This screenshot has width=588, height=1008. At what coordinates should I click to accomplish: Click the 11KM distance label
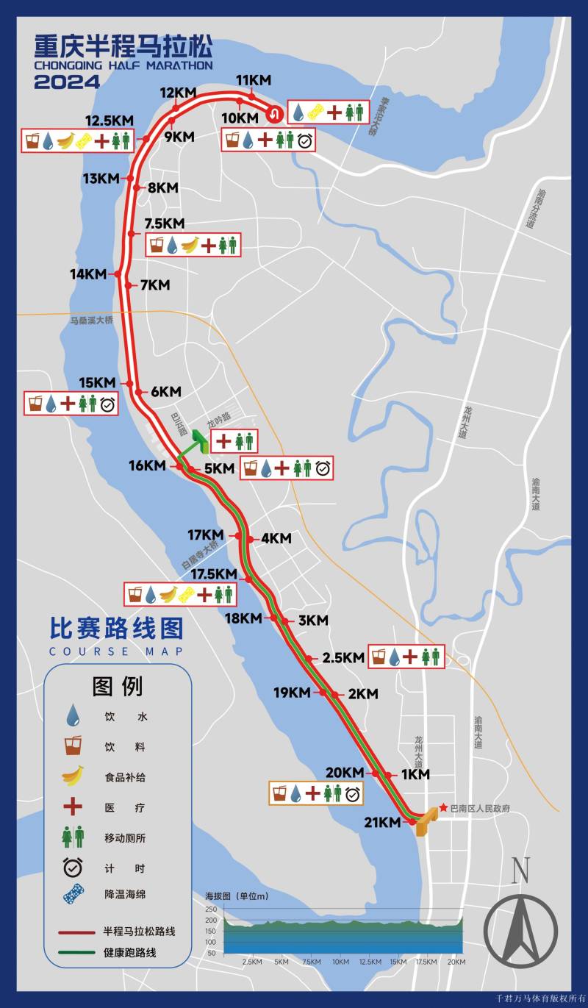click(x=254, y=80)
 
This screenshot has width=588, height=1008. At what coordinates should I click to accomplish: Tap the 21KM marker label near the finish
click(x=382, y=822)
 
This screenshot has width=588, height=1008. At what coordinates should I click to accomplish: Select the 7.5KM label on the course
click(x=165, y=224)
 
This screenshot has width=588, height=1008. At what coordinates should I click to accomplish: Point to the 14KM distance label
click(x=88, y=274)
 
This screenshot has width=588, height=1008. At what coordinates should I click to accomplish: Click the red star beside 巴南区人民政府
click(x=443, y=808)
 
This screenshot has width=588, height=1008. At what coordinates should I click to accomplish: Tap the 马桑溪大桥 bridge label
click(x=92, y=321)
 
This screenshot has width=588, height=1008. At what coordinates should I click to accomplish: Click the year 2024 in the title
click(x=67, y=82)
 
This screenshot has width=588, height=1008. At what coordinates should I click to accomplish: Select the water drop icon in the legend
click(x=73, y=715)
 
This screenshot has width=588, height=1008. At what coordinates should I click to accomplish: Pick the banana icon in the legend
click(x=73, y=776)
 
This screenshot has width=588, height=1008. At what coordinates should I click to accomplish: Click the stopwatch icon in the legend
click(x=73, y=867)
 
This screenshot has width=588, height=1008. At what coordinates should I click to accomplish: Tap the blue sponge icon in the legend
click(x=73, y=895)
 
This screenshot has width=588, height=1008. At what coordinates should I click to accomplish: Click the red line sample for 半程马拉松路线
click(x=77, y=932)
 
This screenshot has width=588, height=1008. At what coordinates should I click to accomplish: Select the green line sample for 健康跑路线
click(x=77, y=953)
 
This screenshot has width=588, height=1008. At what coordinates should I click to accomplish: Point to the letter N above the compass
click(x=520, y=871)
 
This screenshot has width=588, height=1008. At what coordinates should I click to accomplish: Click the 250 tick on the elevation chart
click(x=211, y=909)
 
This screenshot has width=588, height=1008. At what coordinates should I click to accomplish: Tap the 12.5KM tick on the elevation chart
click(x=370, y=962)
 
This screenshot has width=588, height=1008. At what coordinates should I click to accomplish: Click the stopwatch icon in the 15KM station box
click(x=108, y=404)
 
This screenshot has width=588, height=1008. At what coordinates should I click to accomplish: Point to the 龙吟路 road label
click(x=218, y=417)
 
